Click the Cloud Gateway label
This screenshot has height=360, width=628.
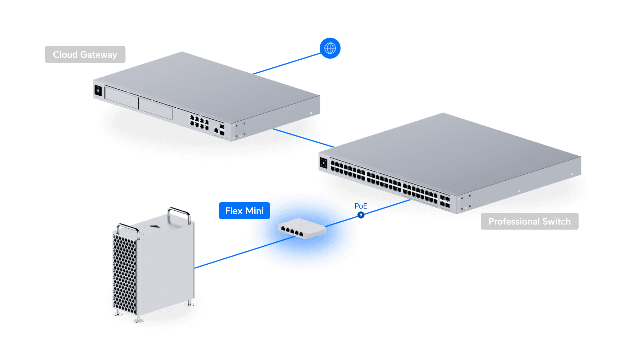(x=85, y=55)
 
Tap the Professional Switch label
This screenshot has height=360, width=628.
(x=529, y=221)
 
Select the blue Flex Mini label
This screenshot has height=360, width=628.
(x=244, y=211)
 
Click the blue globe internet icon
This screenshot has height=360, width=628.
(x=330, y=48)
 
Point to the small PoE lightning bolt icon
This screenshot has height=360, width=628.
(x=361, y=215)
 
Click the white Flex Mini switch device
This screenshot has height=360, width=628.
(x=302, y=229)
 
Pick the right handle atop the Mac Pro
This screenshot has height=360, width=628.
(x=179, y=212)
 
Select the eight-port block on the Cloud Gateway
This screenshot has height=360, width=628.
(x=199, y=122)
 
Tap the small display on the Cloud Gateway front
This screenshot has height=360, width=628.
(x=98, y=91)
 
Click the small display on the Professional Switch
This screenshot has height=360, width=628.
(x=324, y=163)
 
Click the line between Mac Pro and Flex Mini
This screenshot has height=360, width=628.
(x=226, y=258)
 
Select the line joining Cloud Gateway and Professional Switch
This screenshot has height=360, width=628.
(x=303, y=138)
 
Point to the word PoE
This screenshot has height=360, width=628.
(x=361, y=206)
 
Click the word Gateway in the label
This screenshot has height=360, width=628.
(x=98, y=55)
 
